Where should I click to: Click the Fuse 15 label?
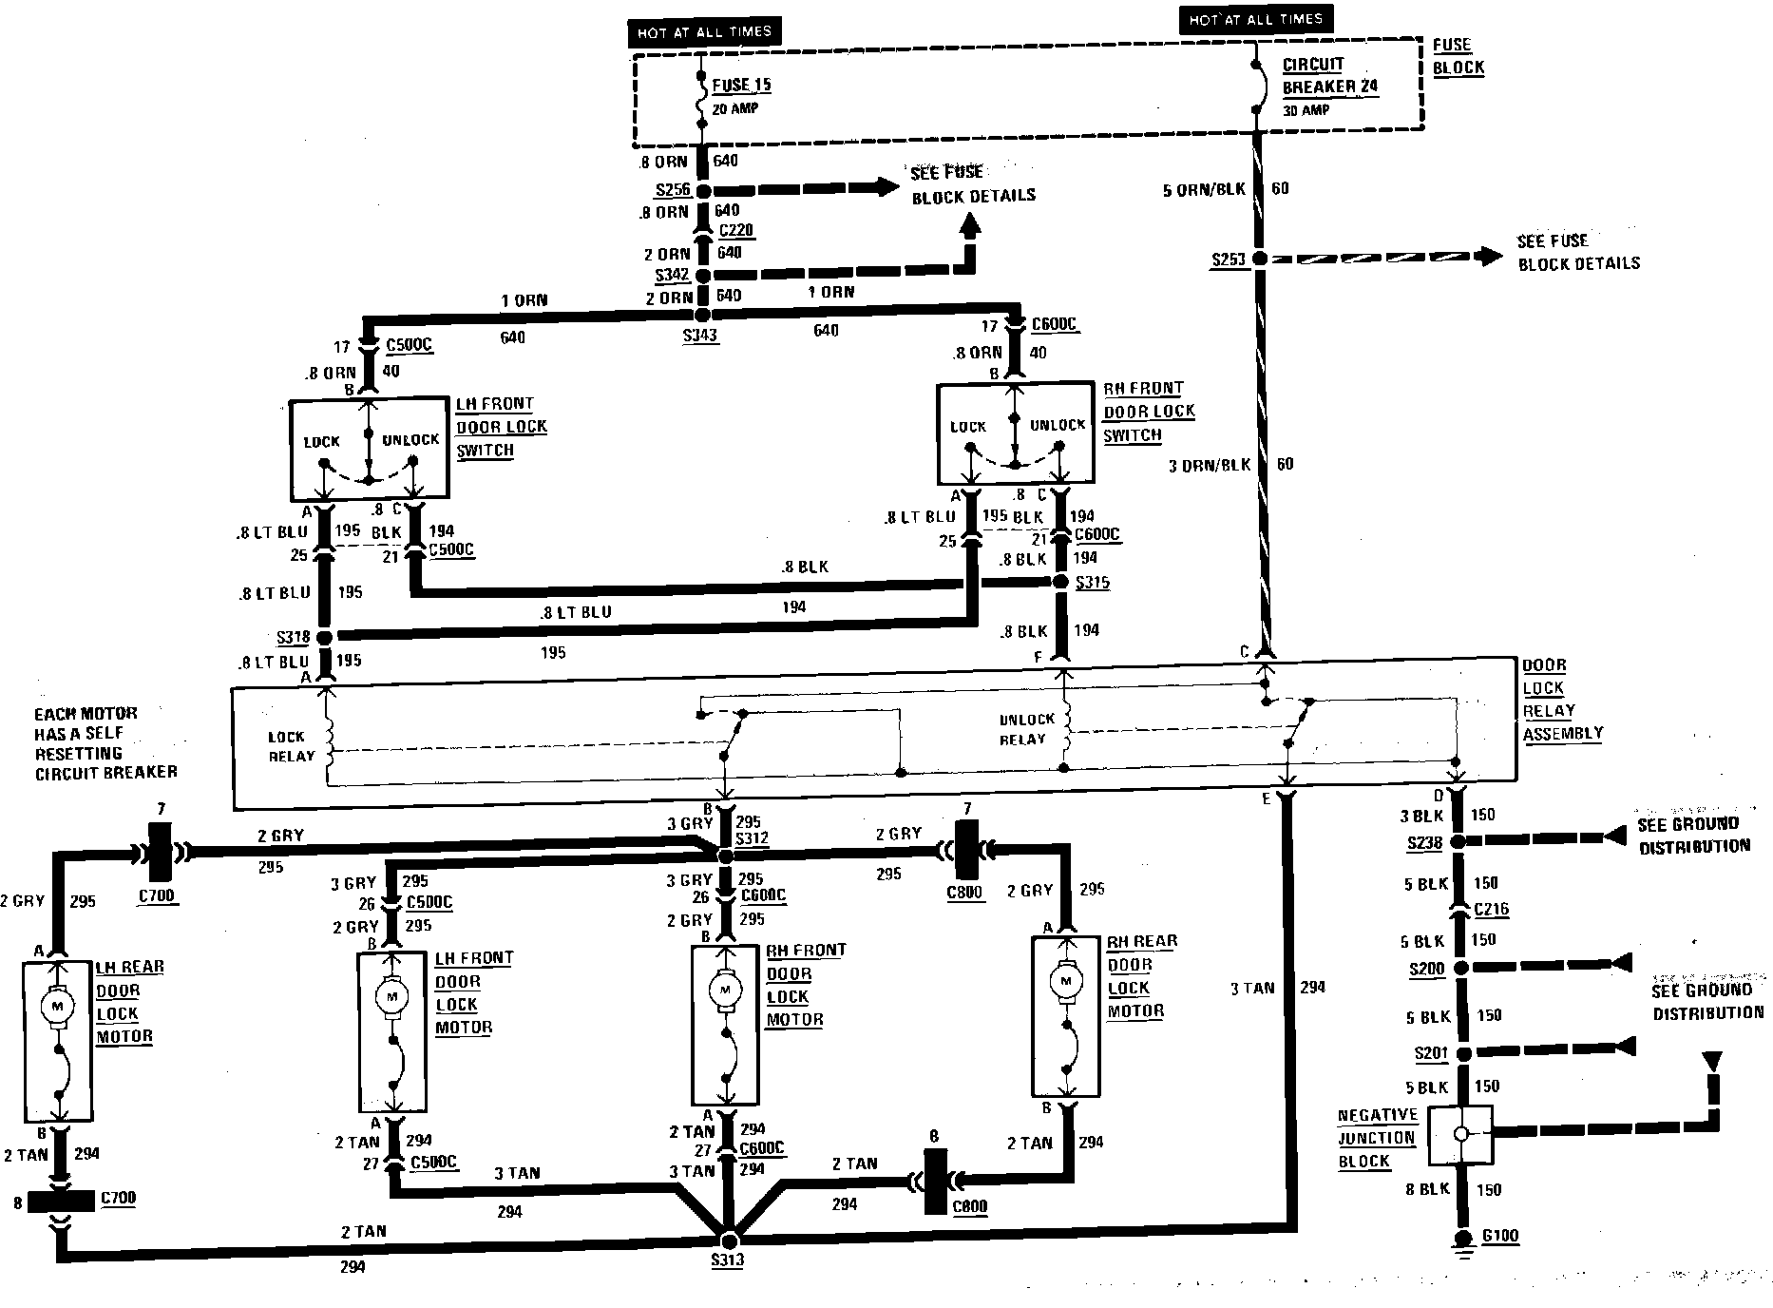pos(741,85)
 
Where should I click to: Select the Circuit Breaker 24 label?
pos(1329,76)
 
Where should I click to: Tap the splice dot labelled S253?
pos(1260,259)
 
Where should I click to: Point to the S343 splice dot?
pos(702,315)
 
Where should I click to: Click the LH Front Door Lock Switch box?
pos(369,450)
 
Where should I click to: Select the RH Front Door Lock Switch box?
pos(1015,434)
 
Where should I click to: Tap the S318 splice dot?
pos(324,636)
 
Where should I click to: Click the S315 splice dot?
pos(1062,582)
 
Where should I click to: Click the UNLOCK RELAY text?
pos(1026,729)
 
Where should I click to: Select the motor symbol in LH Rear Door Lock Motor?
pos(58,1006)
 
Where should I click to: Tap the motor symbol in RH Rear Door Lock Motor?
pos(1066,980)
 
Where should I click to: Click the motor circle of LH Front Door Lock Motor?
pos(391,995)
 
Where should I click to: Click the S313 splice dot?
pos(730,1241)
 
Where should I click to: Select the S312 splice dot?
pos(726,856)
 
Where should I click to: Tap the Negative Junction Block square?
pos(1461,1134)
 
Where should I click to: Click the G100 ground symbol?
pos(1463,1242)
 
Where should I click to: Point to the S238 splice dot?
pos(1461,840)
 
